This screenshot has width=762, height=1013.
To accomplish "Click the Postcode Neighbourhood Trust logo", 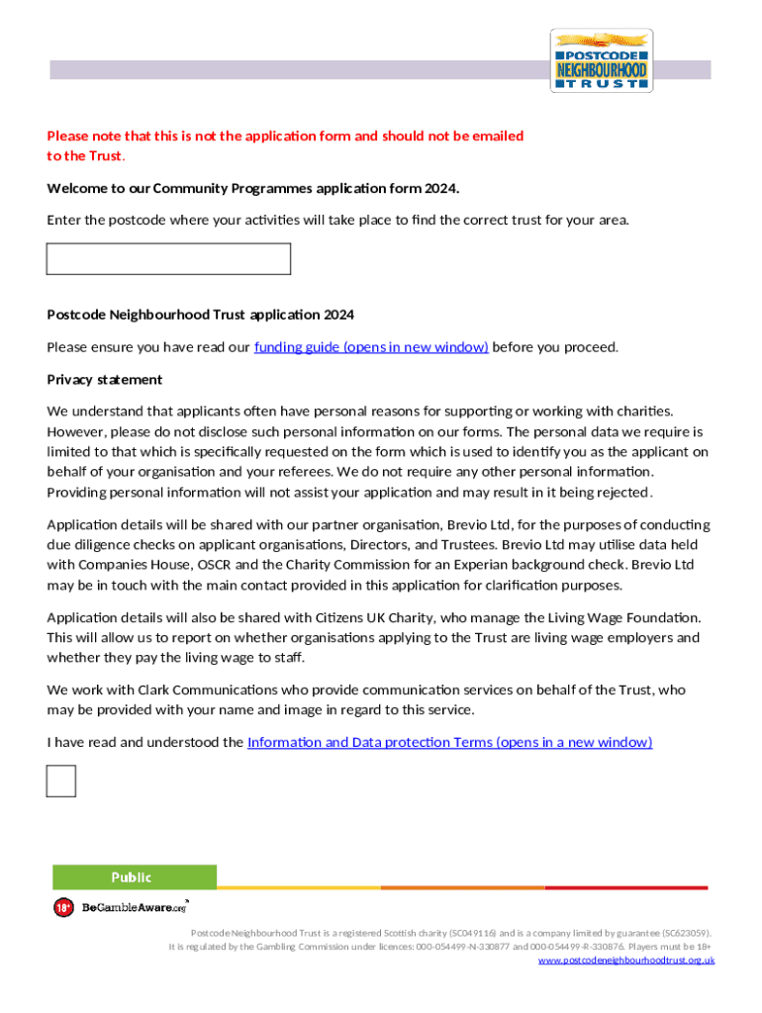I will (x=601, y=60).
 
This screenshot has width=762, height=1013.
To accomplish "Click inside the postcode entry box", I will (x=168, y=259).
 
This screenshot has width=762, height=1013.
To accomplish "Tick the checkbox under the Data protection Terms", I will (x=61, y=781).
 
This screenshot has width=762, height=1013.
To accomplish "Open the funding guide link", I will (x=371, y=347).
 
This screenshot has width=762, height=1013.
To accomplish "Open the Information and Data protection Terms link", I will (x=449, y=742).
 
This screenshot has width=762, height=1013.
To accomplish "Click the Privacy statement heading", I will (x=105, y=380).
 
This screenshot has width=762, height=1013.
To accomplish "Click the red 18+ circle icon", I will (x=63, y=907).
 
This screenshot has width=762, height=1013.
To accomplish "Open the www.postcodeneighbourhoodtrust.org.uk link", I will (x=626, y=961).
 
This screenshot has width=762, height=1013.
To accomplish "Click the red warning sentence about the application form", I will (x=285, y=137).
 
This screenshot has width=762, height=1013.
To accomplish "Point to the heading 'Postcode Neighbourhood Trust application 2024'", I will (x=200, y=315).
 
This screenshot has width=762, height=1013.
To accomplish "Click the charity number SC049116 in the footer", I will (x=472, y=933).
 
